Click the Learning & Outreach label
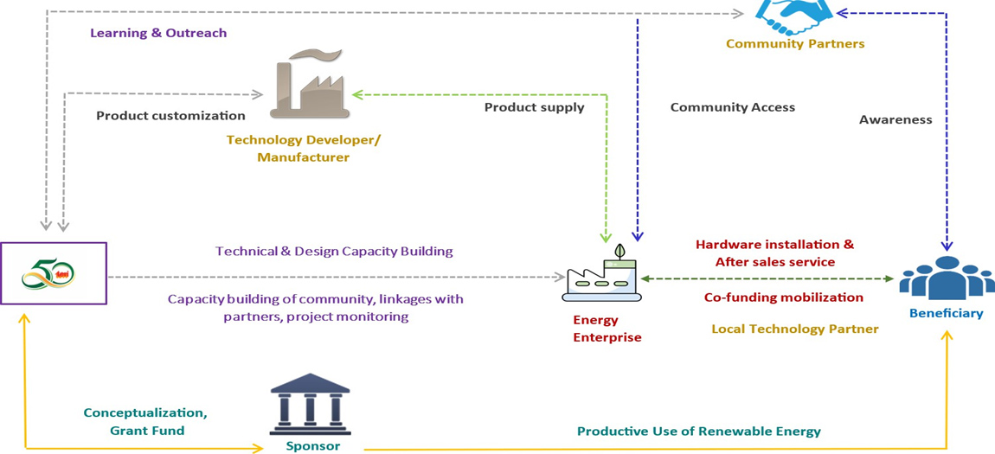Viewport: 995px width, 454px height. (158, 34)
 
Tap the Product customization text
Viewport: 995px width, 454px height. (170, 116)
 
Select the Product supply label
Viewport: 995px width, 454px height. (534, 108)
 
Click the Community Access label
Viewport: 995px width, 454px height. (732, 108)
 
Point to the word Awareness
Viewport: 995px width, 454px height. (895, 120)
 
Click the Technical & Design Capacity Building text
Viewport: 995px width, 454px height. (334, 252)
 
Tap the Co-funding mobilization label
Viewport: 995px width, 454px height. (783, 297)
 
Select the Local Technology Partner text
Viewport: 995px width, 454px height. (794, 329)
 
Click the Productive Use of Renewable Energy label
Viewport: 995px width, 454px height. (698, 432)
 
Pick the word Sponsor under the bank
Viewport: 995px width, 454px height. (312, 447)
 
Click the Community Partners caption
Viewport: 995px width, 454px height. (794, 44)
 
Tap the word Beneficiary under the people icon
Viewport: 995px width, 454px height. (946, 314)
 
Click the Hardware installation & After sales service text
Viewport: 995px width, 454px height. (774, 253)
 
